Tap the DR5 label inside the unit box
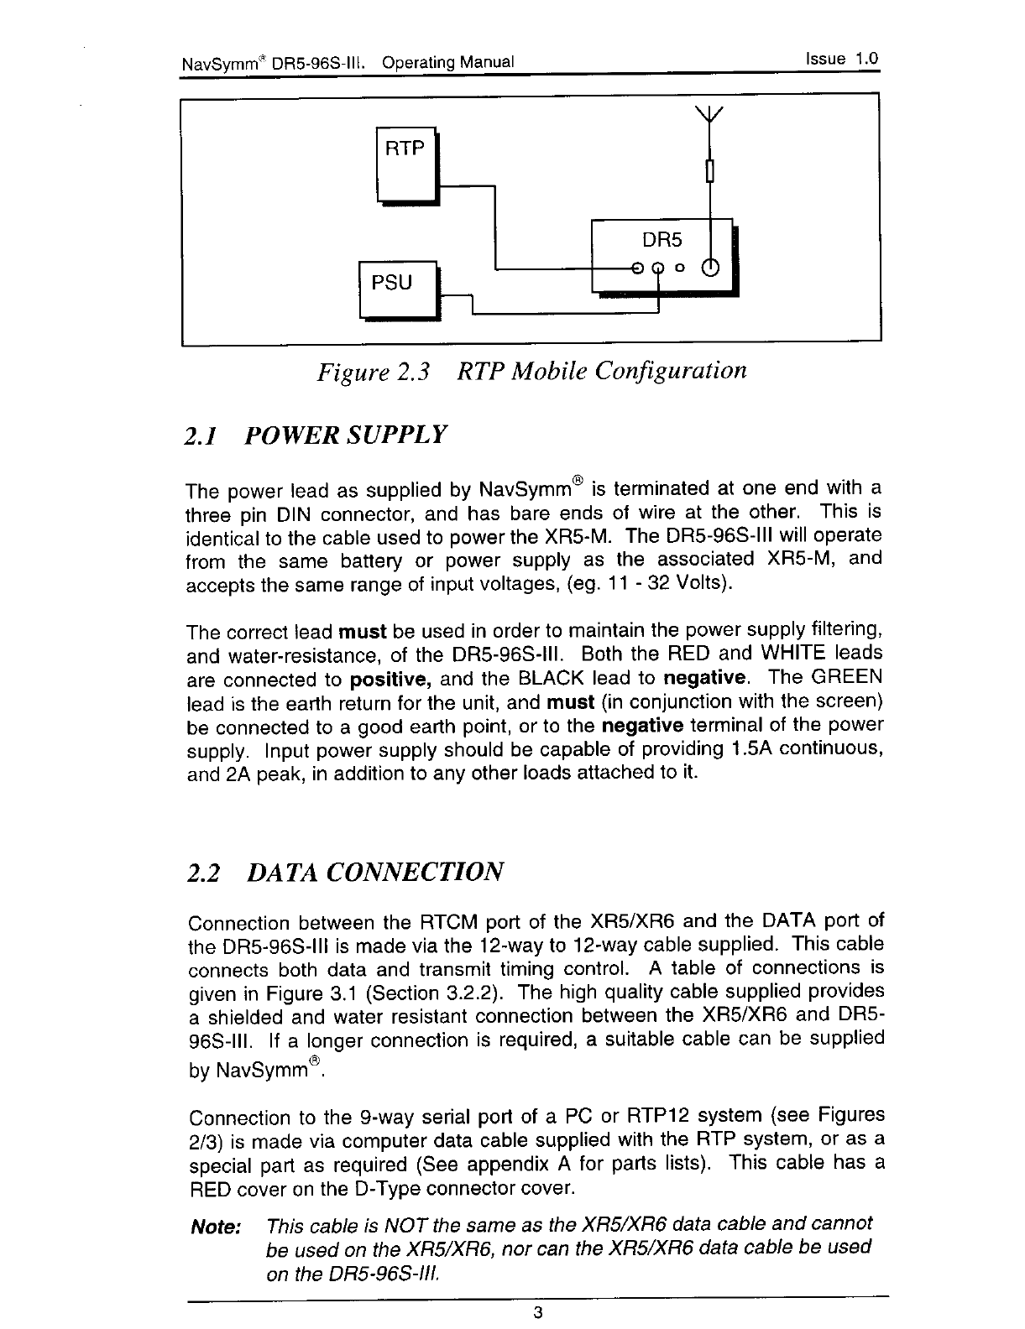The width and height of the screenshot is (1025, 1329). click(x=662, y=241)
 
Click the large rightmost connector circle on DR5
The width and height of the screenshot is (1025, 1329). click(x=710, y=268)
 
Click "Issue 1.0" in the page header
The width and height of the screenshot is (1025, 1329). click(x=841, y=60)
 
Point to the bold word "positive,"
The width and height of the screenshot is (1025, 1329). click(x=391, y=678)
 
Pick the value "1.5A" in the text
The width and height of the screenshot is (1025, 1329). click(x=747, y=748)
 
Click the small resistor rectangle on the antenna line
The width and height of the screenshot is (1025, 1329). click(x=710, y=171)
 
